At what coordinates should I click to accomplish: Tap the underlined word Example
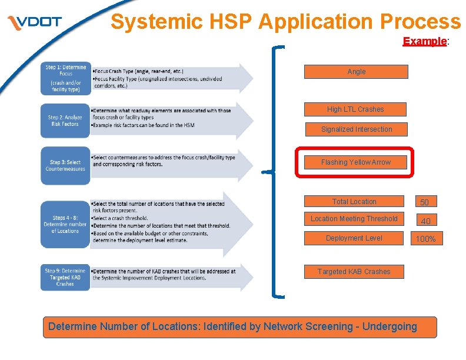tap(425, 42)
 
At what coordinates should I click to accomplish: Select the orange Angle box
tap(356, 72)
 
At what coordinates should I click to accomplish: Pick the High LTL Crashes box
tap(355, 109)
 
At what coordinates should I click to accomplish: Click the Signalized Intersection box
tap(356, 129)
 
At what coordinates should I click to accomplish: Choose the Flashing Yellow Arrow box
tap(355, 162)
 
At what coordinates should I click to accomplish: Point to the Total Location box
tap(354, 202)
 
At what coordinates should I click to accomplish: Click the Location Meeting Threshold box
tap(354, 219)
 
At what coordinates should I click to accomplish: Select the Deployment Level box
tap(354, 238)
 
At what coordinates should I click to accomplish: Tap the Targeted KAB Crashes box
tap(354, 272)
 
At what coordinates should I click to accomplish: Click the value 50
tap(424, 202)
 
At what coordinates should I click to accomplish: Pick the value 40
tap(425, 221)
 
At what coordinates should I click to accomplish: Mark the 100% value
tap(425, 239)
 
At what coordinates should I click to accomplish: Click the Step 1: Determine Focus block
tap(65, 78)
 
